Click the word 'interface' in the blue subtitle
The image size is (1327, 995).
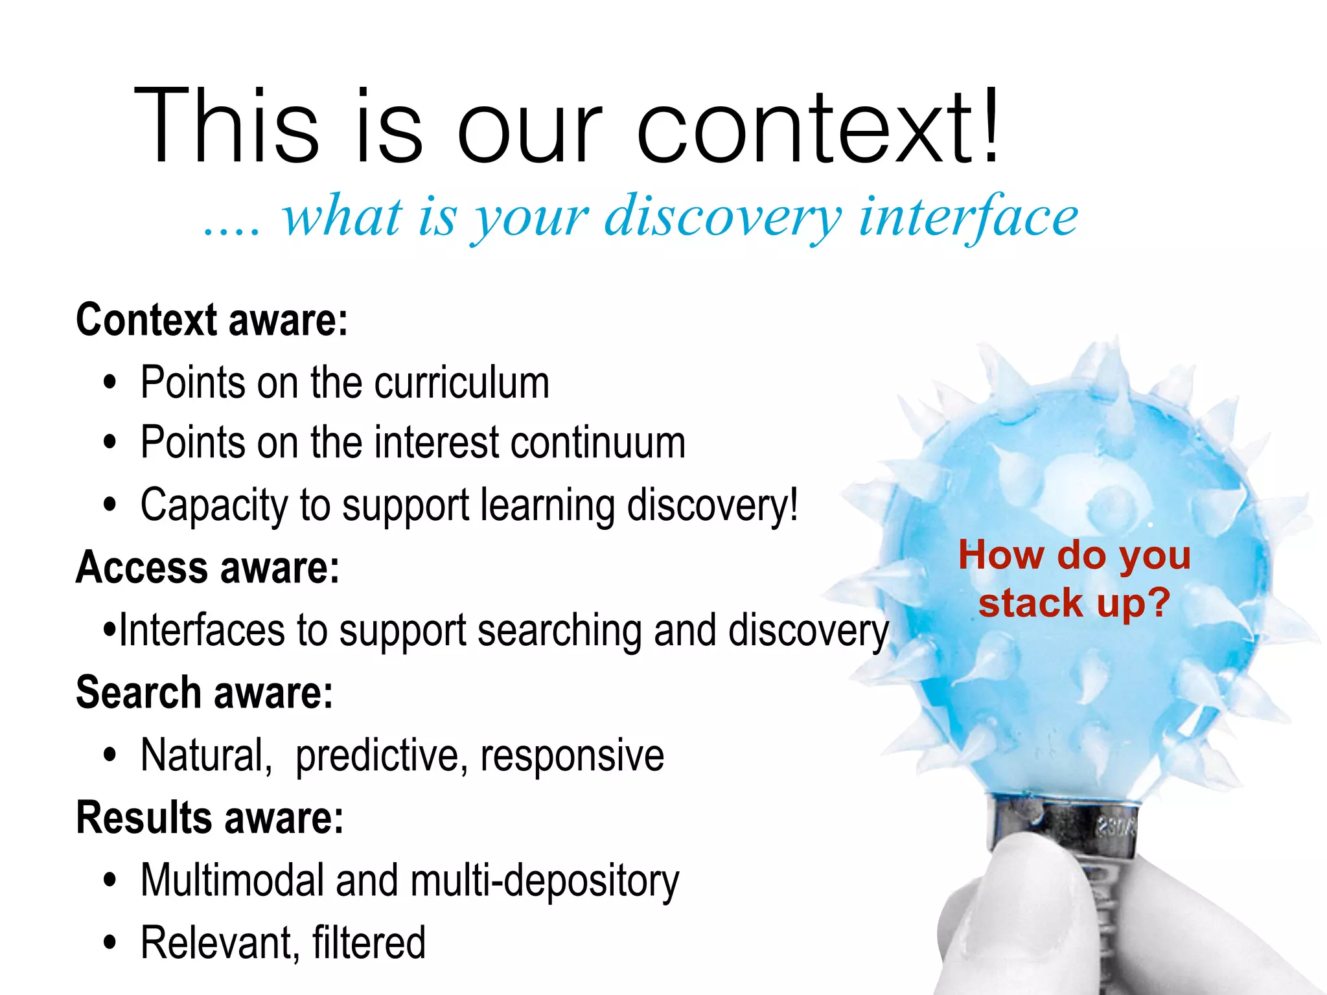point(969,217)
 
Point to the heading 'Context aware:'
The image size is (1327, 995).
point(212,319)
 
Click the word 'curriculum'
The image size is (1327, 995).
point(461,382)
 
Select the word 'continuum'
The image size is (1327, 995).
point(597,443)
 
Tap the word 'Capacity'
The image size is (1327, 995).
point(214,505)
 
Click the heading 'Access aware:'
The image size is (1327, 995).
point(207,567)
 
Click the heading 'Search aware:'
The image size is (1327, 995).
point(205,692)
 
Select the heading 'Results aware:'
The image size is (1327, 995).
point(209,818)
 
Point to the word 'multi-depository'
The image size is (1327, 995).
point(544,881)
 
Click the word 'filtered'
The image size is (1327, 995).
point(369,943)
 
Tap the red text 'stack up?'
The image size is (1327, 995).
point(1074,602)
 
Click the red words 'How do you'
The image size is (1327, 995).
point(1074,555)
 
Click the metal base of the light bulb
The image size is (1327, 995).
point(1063,826)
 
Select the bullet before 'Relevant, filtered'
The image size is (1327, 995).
point(110,943)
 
